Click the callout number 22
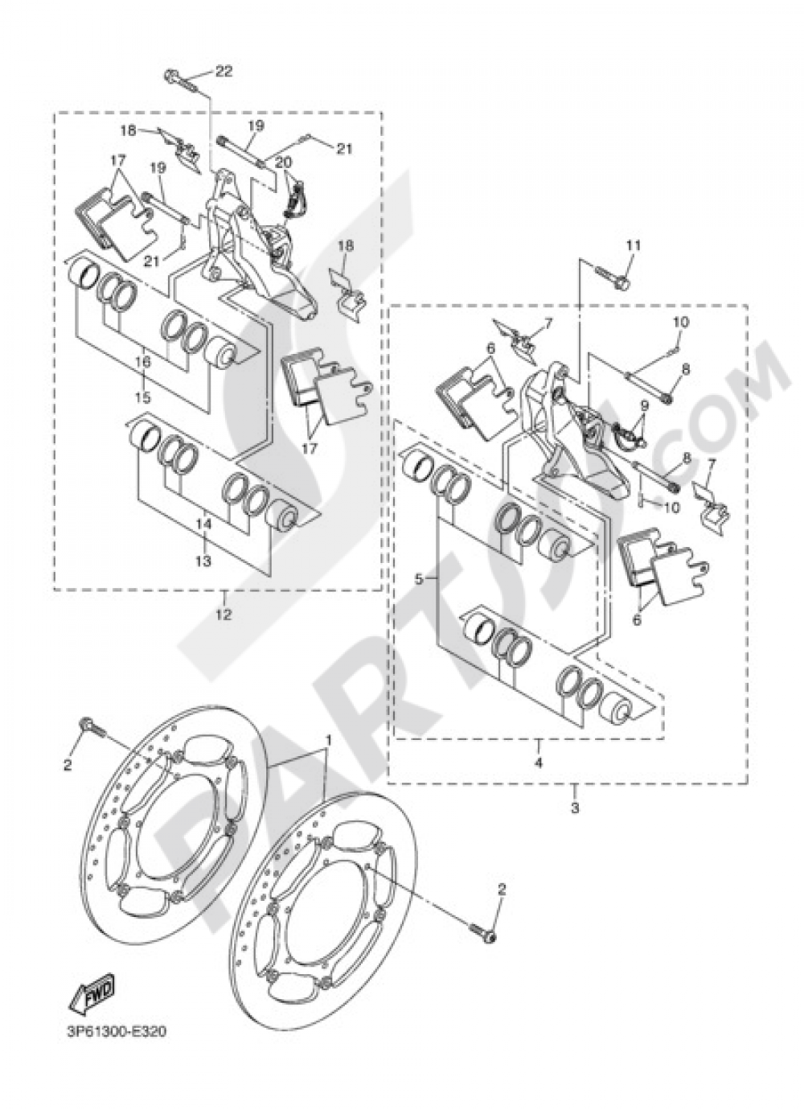tap(223, 72)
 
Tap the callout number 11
tap(633, 245)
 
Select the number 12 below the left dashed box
tap(223, 615)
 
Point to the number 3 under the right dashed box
tap(575, 807)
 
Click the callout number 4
tap(538, 762)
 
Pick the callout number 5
tap(419, 578)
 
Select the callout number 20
tap(283, 162)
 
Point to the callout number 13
tap(203, 561)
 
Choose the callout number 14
tap(203, 523)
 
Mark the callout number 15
tap(142, 397)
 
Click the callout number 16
tap(142, 363)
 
